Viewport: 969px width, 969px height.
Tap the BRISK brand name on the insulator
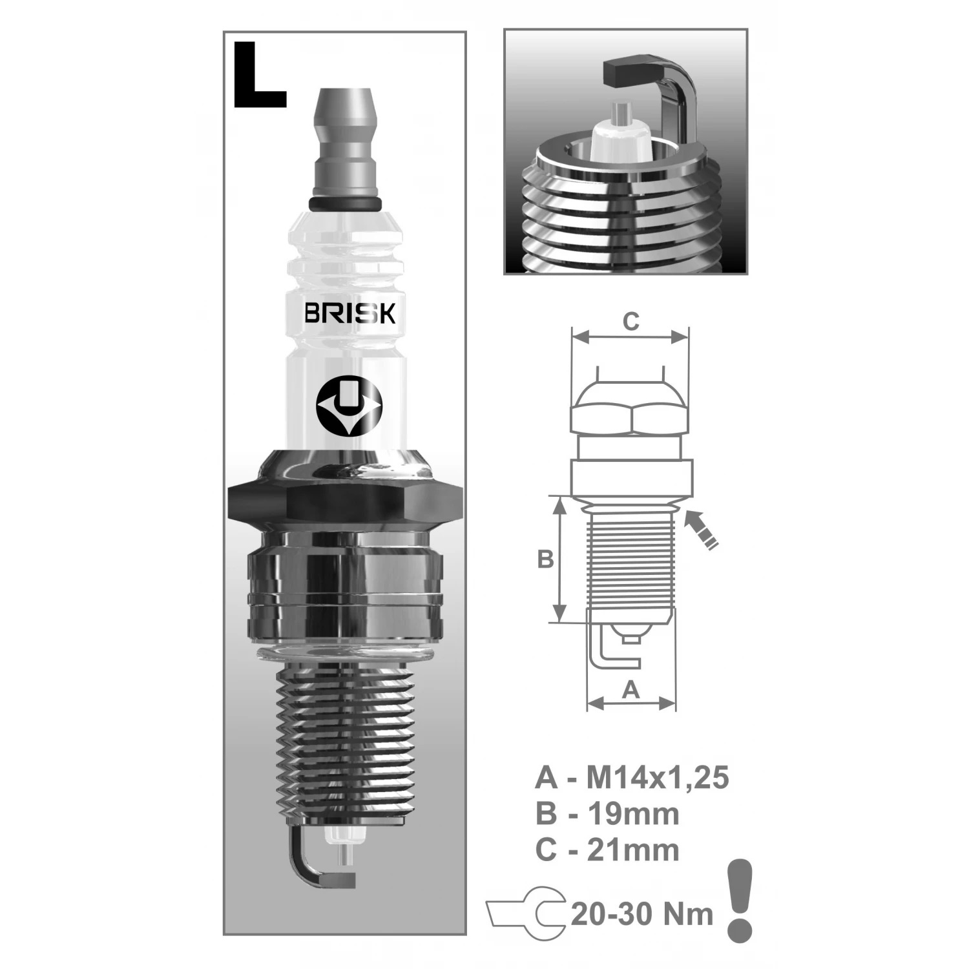349,313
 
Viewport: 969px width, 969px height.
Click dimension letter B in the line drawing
546,559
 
